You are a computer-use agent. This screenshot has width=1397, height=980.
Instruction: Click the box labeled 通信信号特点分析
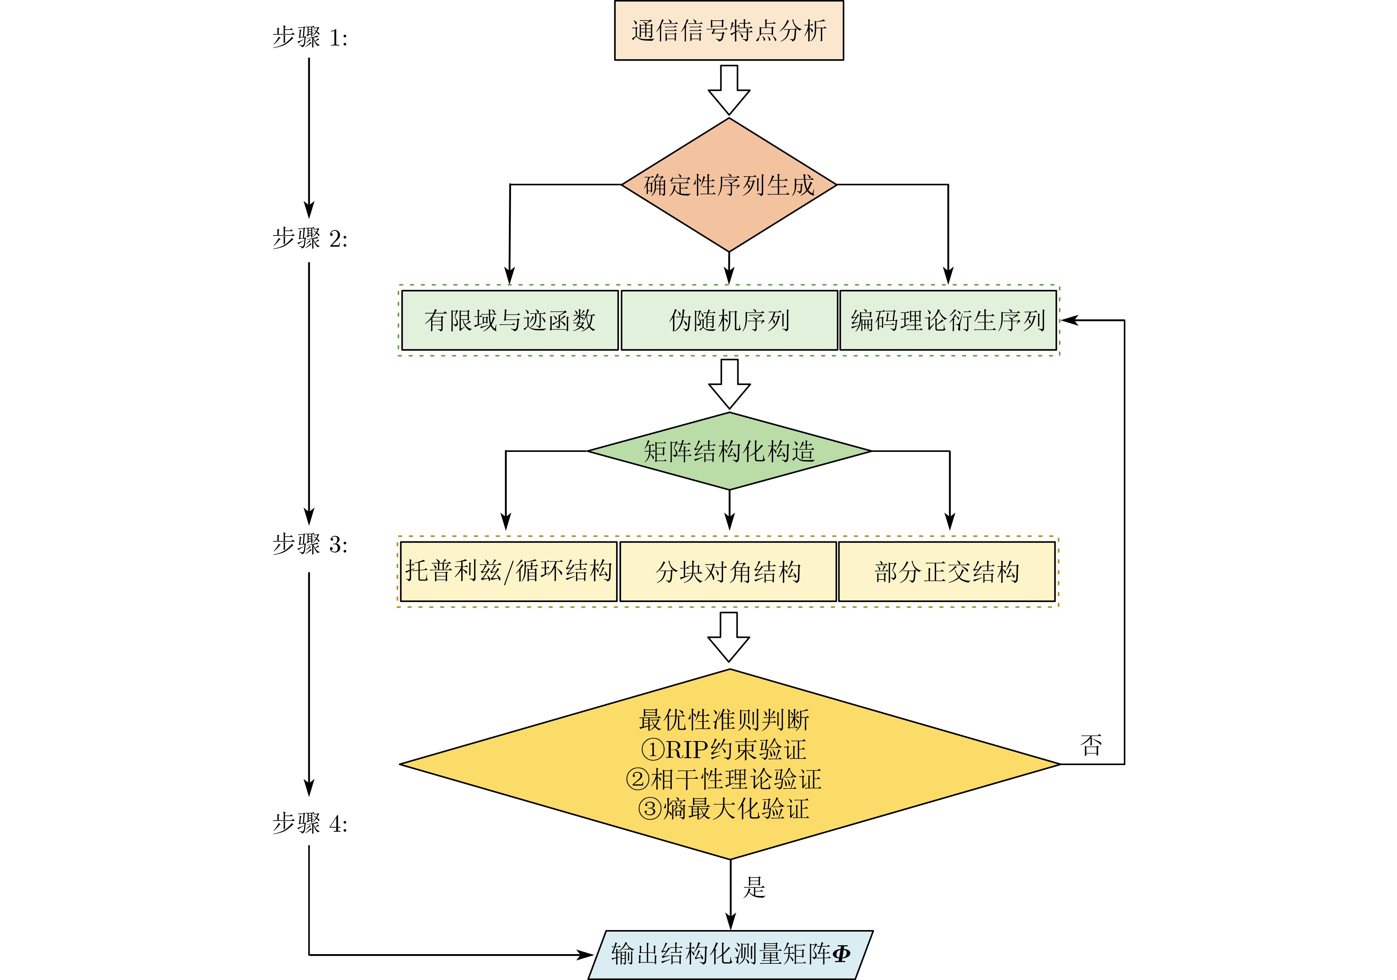(728, 30)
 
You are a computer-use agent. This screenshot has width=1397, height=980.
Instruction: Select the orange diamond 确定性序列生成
(728, 185)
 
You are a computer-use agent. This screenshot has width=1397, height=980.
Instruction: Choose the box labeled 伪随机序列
(729, 320)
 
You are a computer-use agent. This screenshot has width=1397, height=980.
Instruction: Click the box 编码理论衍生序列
(947, 320)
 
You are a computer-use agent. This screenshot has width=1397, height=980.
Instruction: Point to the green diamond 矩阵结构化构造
(729, 452)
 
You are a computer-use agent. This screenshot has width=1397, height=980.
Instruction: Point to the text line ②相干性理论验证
(724, 780)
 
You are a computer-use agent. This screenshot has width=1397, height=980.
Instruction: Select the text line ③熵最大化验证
(724, 809)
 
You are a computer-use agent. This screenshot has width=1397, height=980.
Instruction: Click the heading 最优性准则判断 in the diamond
(724, 720)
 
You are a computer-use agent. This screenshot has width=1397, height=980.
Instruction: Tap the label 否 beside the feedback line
(1091, 746)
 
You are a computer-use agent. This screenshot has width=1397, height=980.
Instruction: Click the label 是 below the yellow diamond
(754, 888)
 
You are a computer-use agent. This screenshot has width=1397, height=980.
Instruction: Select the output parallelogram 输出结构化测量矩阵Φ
(730, 954)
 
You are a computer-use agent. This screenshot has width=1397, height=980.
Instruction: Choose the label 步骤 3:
(310, 544)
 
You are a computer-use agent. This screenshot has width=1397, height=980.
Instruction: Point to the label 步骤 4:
(310, 824)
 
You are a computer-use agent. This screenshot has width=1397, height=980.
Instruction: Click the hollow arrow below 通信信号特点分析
(729, 90)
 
